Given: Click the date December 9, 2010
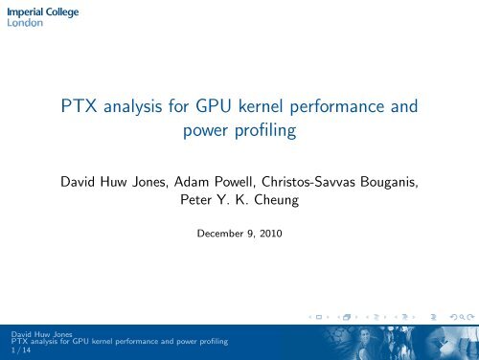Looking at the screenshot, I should coord(239,231).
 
